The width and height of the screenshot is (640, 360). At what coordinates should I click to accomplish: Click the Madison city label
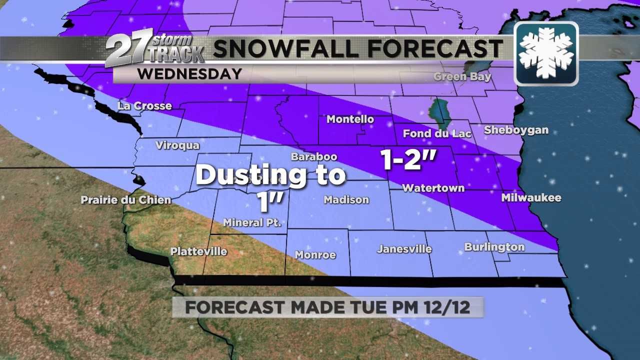point(346,200)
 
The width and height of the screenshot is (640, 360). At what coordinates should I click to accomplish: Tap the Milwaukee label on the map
point(531,198)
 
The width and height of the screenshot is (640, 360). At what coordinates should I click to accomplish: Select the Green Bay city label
point(462,77)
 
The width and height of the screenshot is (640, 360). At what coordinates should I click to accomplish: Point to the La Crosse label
point(144,106)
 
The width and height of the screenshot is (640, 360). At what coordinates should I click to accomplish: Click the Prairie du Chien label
point(126,200)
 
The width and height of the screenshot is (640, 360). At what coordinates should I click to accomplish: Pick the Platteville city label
point(198,251)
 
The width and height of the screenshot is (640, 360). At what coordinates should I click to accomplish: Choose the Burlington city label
point(494,247)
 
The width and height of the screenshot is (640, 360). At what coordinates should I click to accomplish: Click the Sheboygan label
point(516,130)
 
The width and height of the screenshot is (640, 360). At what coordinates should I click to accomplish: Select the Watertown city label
point(433,188)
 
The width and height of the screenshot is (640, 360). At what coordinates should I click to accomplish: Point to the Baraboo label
point(314,157)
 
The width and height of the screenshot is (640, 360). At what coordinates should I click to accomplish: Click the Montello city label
point(350,119)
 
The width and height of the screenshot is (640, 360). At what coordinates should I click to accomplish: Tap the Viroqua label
point(177,145)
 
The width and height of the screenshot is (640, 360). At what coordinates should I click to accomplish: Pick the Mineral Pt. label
point(252,222)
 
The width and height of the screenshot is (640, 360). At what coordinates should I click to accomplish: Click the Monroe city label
point(315,255)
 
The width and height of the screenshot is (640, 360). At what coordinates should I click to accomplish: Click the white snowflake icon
point(546,53)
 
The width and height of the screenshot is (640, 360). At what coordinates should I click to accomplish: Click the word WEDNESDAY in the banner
point(189,74)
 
